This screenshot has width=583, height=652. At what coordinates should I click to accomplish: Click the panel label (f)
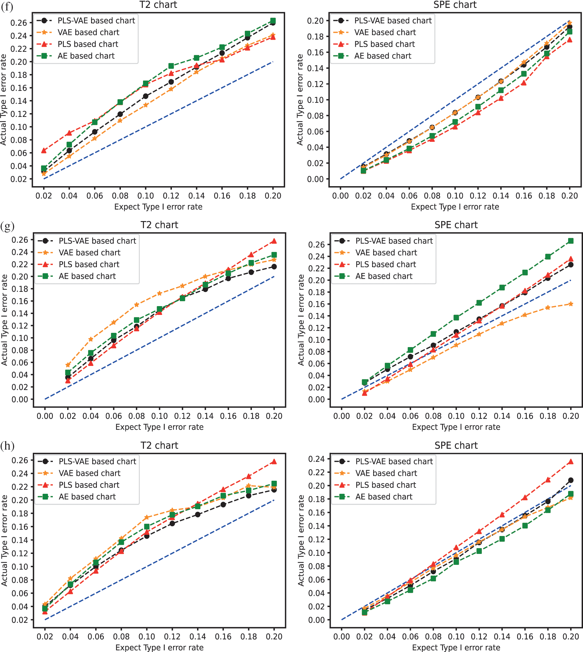[x=7, y=6]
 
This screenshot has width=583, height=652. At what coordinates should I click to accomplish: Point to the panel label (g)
[x=7, y=226]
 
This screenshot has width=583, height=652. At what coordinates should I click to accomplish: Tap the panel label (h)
[x=7, y=446]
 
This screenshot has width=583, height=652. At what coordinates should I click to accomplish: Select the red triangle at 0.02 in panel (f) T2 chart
[x=44, y=150]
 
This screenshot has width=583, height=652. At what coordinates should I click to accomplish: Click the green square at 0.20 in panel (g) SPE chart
[x=571, y=241]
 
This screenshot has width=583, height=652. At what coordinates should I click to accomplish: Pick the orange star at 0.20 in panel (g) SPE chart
[x=571, y=304]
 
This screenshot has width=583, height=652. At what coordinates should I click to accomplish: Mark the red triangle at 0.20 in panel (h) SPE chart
[x=571, y=462]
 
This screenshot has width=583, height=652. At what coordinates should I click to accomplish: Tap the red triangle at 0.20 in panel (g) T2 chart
[x=274, y=241]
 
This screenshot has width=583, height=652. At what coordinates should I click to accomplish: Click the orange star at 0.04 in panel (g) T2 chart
[x=91, y=339]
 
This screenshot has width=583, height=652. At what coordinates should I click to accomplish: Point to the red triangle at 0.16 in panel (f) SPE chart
[x=524, y=83]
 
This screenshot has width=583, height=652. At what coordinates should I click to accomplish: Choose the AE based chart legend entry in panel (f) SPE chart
[x=383, y=56]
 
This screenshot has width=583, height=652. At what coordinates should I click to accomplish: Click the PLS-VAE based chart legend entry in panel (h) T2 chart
[x=97, y=461]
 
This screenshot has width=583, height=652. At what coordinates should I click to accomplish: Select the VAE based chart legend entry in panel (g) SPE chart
[x=386, y=252]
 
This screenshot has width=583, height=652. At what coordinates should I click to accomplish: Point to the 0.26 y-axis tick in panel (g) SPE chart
[x=316, y=245]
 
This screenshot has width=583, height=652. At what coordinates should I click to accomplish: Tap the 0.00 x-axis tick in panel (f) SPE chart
[x=340, y=196]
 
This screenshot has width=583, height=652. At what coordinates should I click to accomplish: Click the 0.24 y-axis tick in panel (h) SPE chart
[x=316, y=459]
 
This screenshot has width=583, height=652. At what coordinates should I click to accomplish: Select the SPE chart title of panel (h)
[x=456, y=445]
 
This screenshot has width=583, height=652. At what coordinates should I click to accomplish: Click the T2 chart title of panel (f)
[x=158, y=5]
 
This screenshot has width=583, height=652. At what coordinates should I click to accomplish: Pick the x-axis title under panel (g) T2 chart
[x=159, y=427]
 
